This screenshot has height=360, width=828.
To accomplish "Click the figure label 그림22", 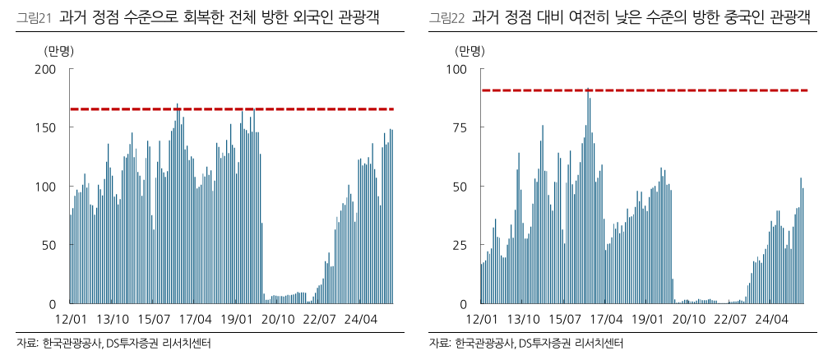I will (x=445, y=16).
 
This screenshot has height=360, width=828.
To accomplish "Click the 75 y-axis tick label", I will (x=460, y=128).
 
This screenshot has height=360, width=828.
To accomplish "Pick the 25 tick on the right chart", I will (x=460, y=246).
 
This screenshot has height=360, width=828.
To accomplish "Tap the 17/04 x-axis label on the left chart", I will (x=195, y=319).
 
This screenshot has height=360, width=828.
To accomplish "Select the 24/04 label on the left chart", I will (x=360, y=319).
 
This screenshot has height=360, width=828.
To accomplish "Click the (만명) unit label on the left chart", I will (x=58, y=50).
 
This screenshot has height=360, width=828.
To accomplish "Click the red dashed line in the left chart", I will (x=247, y=108).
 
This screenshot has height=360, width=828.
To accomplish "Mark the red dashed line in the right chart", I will (x=658, y=90).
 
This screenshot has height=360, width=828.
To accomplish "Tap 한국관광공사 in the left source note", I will (x=72, y=344).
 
